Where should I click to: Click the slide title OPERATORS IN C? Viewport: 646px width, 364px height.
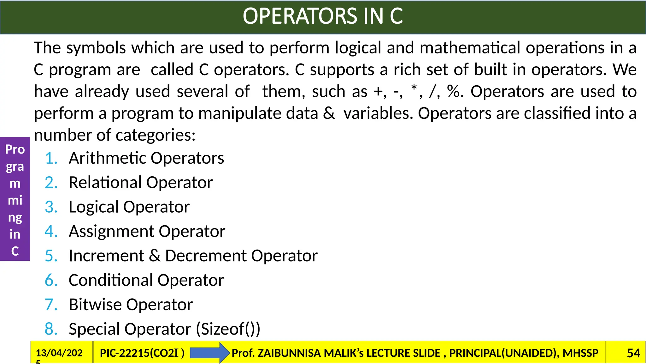(323, 16)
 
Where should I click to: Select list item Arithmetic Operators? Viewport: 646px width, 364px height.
(146, 158)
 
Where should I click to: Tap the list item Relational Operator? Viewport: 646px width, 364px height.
(141, 183)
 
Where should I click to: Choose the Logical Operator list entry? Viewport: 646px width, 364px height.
(129, 207)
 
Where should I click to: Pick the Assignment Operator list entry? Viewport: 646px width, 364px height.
(147, 231)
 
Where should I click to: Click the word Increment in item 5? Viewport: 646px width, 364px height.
(106, 256)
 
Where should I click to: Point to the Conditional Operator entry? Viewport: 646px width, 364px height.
(146, 280)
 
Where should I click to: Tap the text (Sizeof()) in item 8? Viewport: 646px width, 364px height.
(228, 329)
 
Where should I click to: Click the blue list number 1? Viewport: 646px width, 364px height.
(51, 158)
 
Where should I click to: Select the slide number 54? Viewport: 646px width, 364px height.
(633, 353)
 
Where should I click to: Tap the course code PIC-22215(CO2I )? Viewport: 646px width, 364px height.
(142, 353)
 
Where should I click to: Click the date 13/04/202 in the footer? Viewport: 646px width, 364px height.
(59, 353)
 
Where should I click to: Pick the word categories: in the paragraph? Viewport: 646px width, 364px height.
(156, 135)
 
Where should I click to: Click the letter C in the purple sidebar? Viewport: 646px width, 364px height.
(15, 251)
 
